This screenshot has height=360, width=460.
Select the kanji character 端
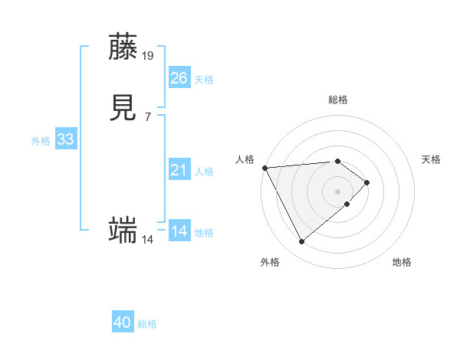[123, 229]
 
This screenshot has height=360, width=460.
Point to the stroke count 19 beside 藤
[148, 55]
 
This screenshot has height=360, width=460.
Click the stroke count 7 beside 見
[147, 116]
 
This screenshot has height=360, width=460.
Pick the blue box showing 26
[179, 77]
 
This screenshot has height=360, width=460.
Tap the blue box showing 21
[179, 170]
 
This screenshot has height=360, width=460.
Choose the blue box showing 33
[65, 139]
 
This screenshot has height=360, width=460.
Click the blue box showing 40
[123, 322]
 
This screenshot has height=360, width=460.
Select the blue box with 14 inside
[179, 231]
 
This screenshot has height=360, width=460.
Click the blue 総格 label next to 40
[147, 324]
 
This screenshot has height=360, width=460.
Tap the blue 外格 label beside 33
[41, 141]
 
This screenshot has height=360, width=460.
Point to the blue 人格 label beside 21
[205, 172]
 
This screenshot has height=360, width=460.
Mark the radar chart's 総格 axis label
[337, 100]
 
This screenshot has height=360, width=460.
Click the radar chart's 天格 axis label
[431, 159]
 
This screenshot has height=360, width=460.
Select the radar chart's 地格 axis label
[402, 262]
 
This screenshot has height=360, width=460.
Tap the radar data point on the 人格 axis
[264, 167]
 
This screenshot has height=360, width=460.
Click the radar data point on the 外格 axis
[301, 242]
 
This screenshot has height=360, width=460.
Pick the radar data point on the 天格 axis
[368, 182]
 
